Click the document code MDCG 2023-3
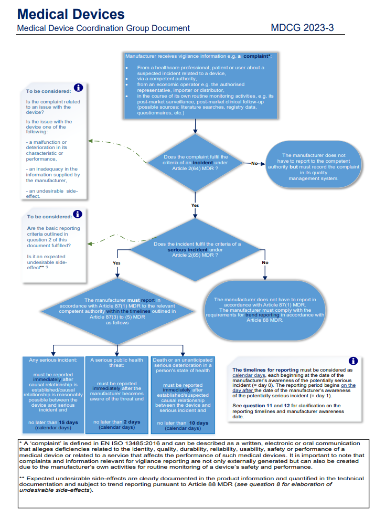pos(302,28)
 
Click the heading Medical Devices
pos(71,14)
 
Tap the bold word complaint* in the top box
pos(257,56)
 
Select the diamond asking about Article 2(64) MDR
pos(195,163)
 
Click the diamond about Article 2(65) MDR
pos(195,250)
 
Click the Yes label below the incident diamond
pos(195,205)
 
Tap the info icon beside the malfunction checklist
pos(78,88)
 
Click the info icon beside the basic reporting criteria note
pos(78,214)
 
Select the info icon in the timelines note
pos(353,361)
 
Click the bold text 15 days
pos(68,422)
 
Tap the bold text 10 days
pos(199,423)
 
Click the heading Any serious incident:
pos(53,360)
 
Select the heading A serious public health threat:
pos(117,363)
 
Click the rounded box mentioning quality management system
pos(313,164)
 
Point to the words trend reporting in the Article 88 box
pos(262,315)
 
